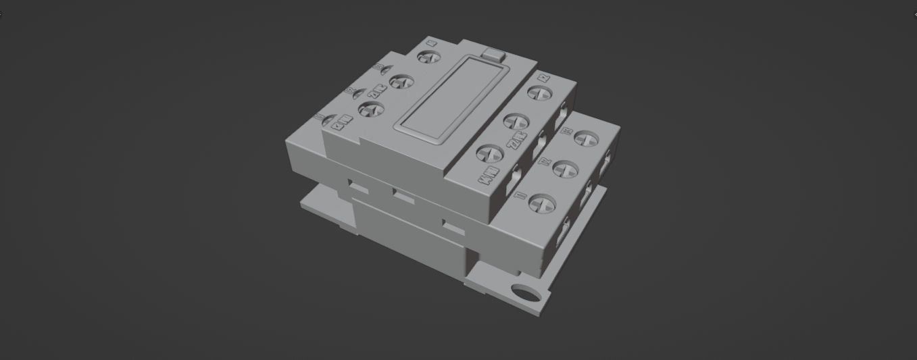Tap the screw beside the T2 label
(566, 166)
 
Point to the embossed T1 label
(520, 196)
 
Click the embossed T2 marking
(544, 162)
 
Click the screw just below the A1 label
(426, 57)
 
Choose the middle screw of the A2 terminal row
(515, 122)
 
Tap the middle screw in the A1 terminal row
(400, 82)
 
